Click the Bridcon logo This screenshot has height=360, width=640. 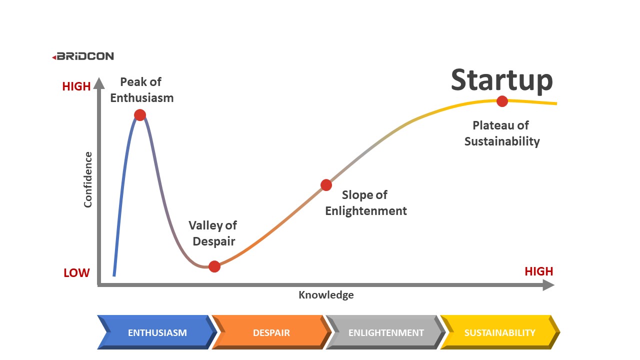[83, 56]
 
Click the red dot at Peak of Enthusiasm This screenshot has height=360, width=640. [140, 115]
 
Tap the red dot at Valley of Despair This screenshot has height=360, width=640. [214, 266]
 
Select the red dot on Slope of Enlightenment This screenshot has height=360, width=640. [326, 185]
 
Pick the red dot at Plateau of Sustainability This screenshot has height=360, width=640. [502, 101]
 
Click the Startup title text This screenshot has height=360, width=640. [501, 80]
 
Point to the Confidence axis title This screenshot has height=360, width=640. [88, 179]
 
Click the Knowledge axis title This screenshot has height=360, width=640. [326, 295]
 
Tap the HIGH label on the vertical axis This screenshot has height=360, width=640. [76, 86]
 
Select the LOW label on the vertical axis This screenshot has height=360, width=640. [76, 273]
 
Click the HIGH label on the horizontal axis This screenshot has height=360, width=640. [538, 271]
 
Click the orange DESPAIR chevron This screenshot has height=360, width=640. [271, 332]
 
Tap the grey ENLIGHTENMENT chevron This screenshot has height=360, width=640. [385, 332]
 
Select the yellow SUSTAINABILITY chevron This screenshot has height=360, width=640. [499, 332]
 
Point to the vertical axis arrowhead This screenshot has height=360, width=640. [99, 82]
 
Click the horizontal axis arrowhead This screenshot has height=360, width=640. [548, 285]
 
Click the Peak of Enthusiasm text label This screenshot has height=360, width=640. [142, 90]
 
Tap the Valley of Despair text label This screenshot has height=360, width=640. [213, 233]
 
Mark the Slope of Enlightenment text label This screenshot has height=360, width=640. [366, 203]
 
